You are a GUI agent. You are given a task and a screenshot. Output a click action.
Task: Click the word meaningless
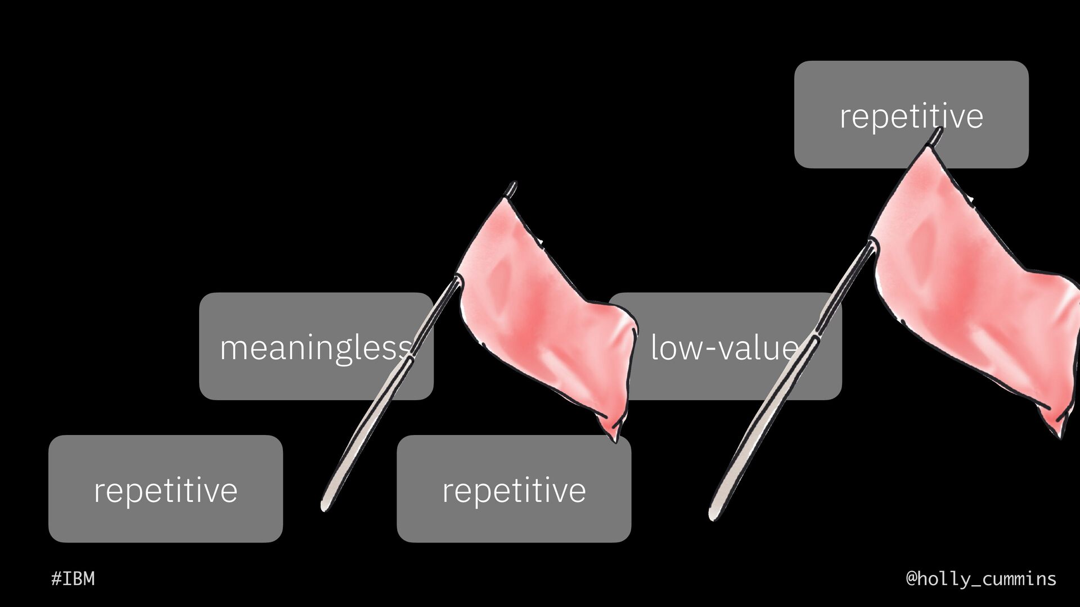pyautogui.click(x=315, y=347)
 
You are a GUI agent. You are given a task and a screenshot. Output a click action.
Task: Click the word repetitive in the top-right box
pyautogui.click(x=911, y=116)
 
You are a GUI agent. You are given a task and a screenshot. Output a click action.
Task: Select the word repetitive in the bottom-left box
pyautogui.click(x=165, y=490)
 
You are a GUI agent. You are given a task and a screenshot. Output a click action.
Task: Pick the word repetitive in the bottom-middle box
pyautogui.click(x=514, y=490)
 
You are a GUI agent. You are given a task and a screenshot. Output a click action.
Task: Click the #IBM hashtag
pyautogui.click(x=73, y=578)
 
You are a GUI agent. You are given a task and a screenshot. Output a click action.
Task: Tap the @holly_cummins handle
pyautogui.click(x=981, y=578)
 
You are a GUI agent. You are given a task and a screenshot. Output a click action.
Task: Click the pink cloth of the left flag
pyautogui.click(x=540, y=315)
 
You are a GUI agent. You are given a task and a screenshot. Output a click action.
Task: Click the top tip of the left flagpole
pyautogui.click(x=512, y=185)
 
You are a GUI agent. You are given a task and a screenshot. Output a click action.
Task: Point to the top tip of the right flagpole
pyautogui.click(x=938, y=132)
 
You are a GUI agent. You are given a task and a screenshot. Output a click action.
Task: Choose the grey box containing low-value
pyautogui.click(x=731, y=382)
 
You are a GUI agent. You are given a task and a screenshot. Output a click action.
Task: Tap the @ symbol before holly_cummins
pyautogui.click(x=912, y=578)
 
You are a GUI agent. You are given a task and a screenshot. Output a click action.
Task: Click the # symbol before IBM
pyautogui.click(x=56, y=578)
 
